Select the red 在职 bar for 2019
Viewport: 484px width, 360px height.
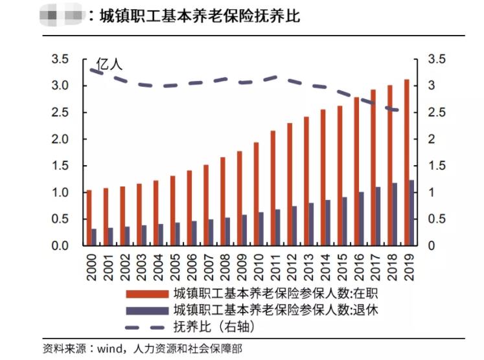[406, 163]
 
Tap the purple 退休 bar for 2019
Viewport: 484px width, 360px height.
[411, 213]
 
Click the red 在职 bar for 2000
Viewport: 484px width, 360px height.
[89, 218]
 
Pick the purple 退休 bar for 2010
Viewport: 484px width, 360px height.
[261, 229]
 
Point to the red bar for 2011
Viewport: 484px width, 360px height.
[273, 188]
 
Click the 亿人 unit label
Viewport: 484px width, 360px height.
[109, 64]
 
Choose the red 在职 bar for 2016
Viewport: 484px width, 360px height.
[356, 172]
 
